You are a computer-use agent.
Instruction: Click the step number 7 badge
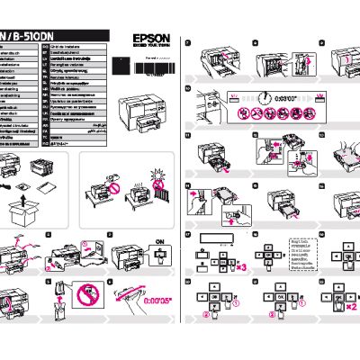pyautogui.click(x=187, y=42)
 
